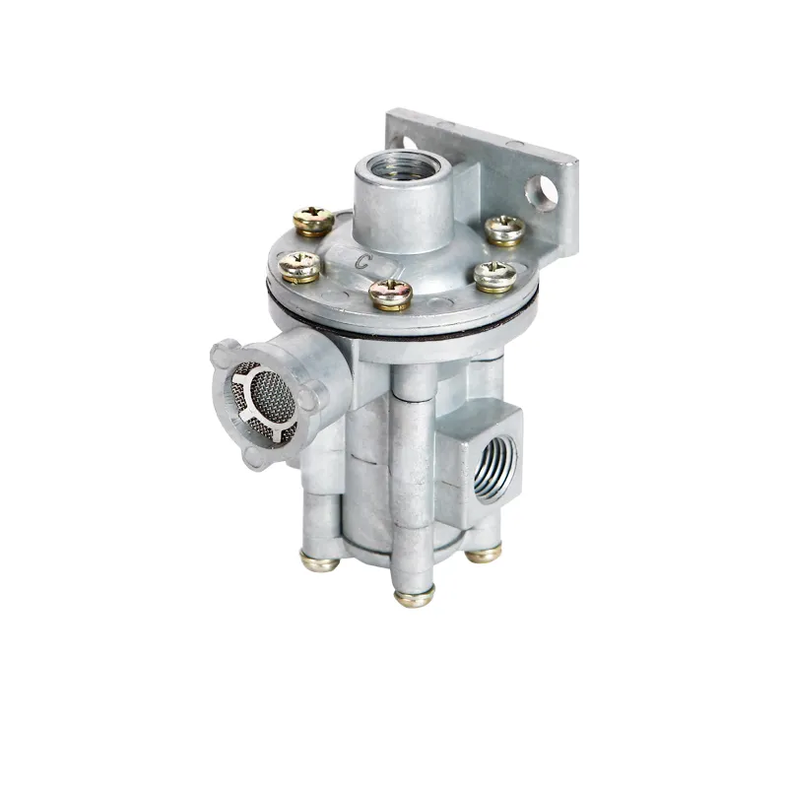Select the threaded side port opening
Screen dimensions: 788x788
click(495, 470)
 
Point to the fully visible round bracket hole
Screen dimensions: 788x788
click(542, 192)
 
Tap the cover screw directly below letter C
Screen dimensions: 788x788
click(391, 294)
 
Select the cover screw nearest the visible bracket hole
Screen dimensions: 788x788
click(505, 230)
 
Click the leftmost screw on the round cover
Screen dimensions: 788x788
click(299, 267)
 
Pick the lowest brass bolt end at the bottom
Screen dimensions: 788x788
click(414, 597)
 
